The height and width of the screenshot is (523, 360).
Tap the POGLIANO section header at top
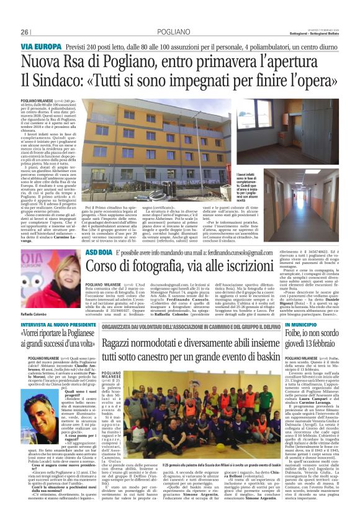pyautogui.click(x=169, y=32)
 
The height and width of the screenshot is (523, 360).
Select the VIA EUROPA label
pyautogui.click(x=41, y=47)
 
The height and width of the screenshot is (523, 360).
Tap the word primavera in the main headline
pyautogui.click(x=233, y=62)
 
